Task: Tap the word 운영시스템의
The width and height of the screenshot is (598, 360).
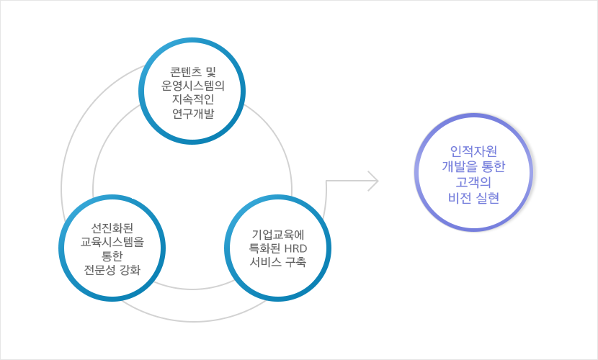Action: pos(192,86)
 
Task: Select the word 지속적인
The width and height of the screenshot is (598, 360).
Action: pos(193,99)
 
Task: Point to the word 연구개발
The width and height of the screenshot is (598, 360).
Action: pos(193,113)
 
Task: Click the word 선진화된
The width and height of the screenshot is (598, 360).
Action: pos(112,228)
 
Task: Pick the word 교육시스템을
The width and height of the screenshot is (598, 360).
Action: pos(112,242)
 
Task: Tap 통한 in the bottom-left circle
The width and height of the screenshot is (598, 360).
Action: pos(112,256)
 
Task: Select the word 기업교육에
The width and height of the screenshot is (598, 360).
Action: pos(278,234)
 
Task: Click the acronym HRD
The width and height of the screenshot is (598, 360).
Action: pos(295,248)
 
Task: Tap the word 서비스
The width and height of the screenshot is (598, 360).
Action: pos(265,262)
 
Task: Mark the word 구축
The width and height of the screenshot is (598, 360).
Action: pos(295,262)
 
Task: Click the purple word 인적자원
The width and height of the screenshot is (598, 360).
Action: pos(473,151)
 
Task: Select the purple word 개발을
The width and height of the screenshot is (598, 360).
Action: pos(457,167)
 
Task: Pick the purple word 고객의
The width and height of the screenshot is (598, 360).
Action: pos(473,182)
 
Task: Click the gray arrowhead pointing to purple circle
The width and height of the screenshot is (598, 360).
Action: pos(373,181)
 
